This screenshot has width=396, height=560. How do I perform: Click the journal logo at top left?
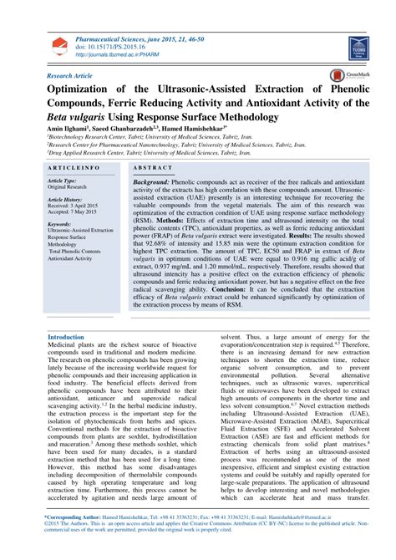(x=55, y=47)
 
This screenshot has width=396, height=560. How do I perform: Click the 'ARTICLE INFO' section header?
(x=75, y=168)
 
